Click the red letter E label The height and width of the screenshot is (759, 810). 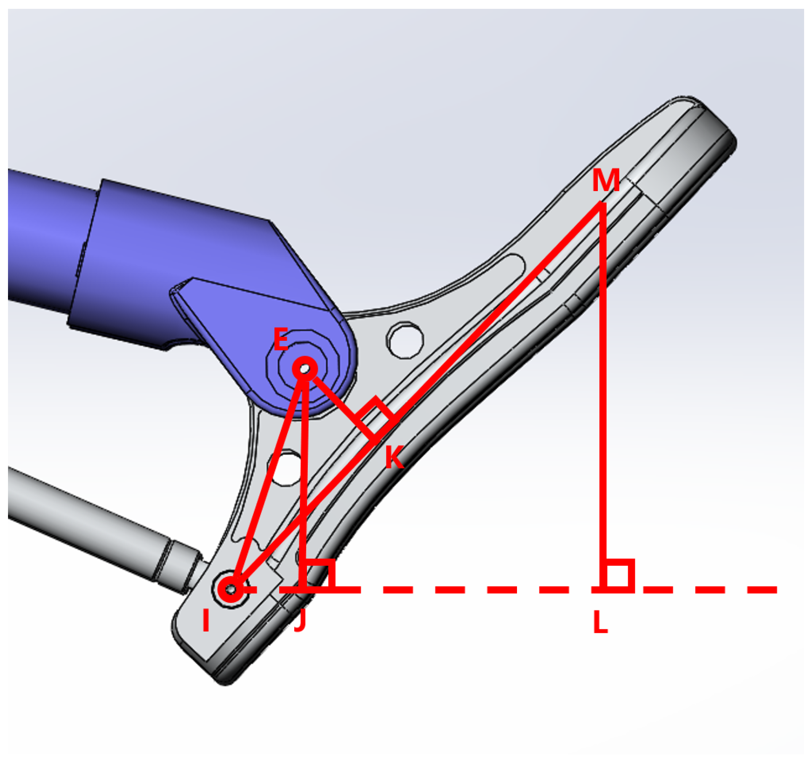point(280,339)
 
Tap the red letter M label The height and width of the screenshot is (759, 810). point(606,180)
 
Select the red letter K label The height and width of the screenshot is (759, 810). point(394,457)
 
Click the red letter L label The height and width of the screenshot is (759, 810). point(600,622)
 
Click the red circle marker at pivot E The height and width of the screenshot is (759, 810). point(304,369)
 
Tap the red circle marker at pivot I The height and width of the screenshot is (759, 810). point(230,589)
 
